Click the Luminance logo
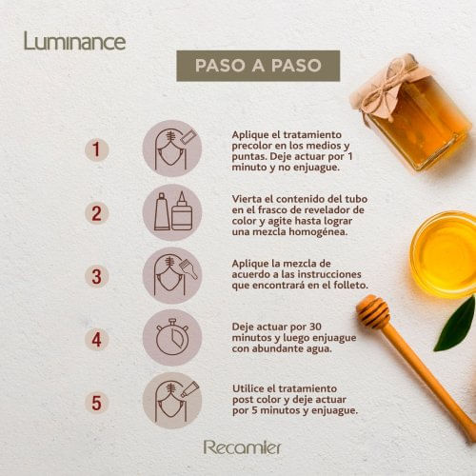coord(75,41)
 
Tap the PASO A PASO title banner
coord(258,66)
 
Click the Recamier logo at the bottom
coord(242,447)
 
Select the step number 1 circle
coord(97,149)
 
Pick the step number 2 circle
coord(97,213)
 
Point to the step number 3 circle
coord(97,276)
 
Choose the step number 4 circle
coord(97,340)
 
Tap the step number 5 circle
coord(97,403)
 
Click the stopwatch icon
coord(172,337)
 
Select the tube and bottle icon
coord(172,212)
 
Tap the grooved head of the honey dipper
coord(373,311)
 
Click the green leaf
coord(457,326)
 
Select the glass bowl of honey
coord(444,254)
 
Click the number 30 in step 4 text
coord(315,327)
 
